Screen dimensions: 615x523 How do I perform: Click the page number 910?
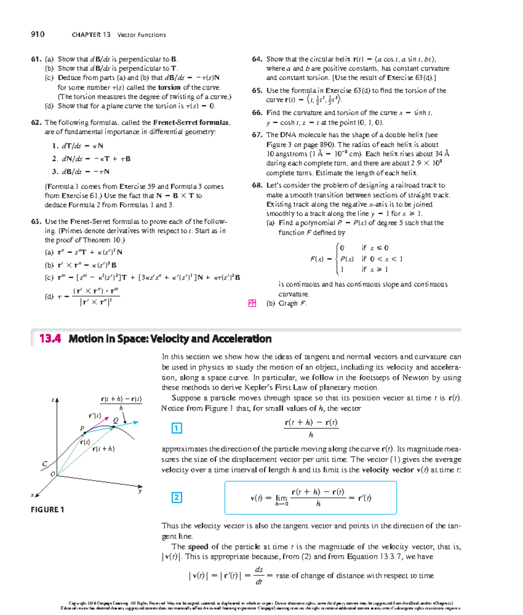37,34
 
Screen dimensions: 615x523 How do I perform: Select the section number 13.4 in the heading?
50,339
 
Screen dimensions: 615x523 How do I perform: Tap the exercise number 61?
36,59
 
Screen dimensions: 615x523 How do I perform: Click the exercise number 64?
257,59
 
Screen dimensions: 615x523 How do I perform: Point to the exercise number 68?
257,186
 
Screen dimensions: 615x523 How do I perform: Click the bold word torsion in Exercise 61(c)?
169,88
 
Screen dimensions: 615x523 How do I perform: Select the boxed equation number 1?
177,428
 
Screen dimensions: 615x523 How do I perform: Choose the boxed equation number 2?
177,497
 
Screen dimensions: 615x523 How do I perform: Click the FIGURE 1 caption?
48,510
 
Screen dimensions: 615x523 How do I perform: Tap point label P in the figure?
82,429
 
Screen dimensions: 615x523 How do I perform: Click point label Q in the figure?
115,420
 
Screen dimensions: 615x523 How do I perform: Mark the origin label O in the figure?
53,474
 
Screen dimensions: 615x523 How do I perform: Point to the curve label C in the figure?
44,464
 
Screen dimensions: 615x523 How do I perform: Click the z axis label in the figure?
53,399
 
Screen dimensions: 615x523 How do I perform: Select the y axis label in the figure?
140,491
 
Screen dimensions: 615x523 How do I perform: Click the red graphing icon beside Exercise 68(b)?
252,304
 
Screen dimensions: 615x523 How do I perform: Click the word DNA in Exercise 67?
287,135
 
